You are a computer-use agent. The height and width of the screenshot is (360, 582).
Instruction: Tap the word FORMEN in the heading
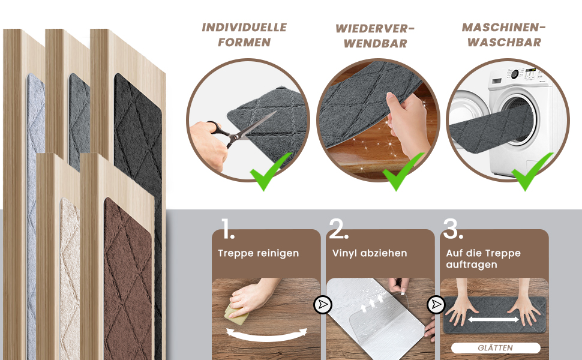point(244,43)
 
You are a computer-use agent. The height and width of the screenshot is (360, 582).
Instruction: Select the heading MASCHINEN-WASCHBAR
point(503,35)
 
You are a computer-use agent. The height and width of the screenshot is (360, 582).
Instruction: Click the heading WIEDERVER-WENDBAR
point(375,36)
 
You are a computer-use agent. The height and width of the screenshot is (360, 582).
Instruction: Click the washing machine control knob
point(515,74)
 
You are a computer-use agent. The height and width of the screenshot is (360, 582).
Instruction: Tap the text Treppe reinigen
point(259,253)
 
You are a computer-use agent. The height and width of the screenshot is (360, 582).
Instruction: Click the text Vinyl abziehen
point(370,253)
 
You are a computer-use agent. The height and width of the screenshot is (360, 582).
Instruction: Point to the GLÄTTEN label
point(496,348)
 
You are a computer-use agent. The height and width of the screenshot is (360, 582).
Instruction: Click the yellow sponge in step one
point(236,314)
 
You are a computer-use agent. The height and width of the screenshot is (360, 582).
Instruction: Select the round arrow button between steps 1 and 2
point(323,305)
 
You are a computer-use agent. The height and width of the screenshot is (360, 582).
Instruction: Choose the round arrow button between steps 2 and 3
point(436,305)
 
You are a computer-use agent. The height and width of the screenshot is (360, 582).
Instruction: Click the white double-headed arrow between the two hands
point(493,319)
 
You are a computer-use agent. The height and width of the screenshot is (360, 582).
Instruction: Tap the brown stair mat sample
point(128,278)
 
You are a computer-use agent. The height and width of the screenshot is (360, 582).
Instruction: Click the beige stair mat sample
point(70,278)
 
